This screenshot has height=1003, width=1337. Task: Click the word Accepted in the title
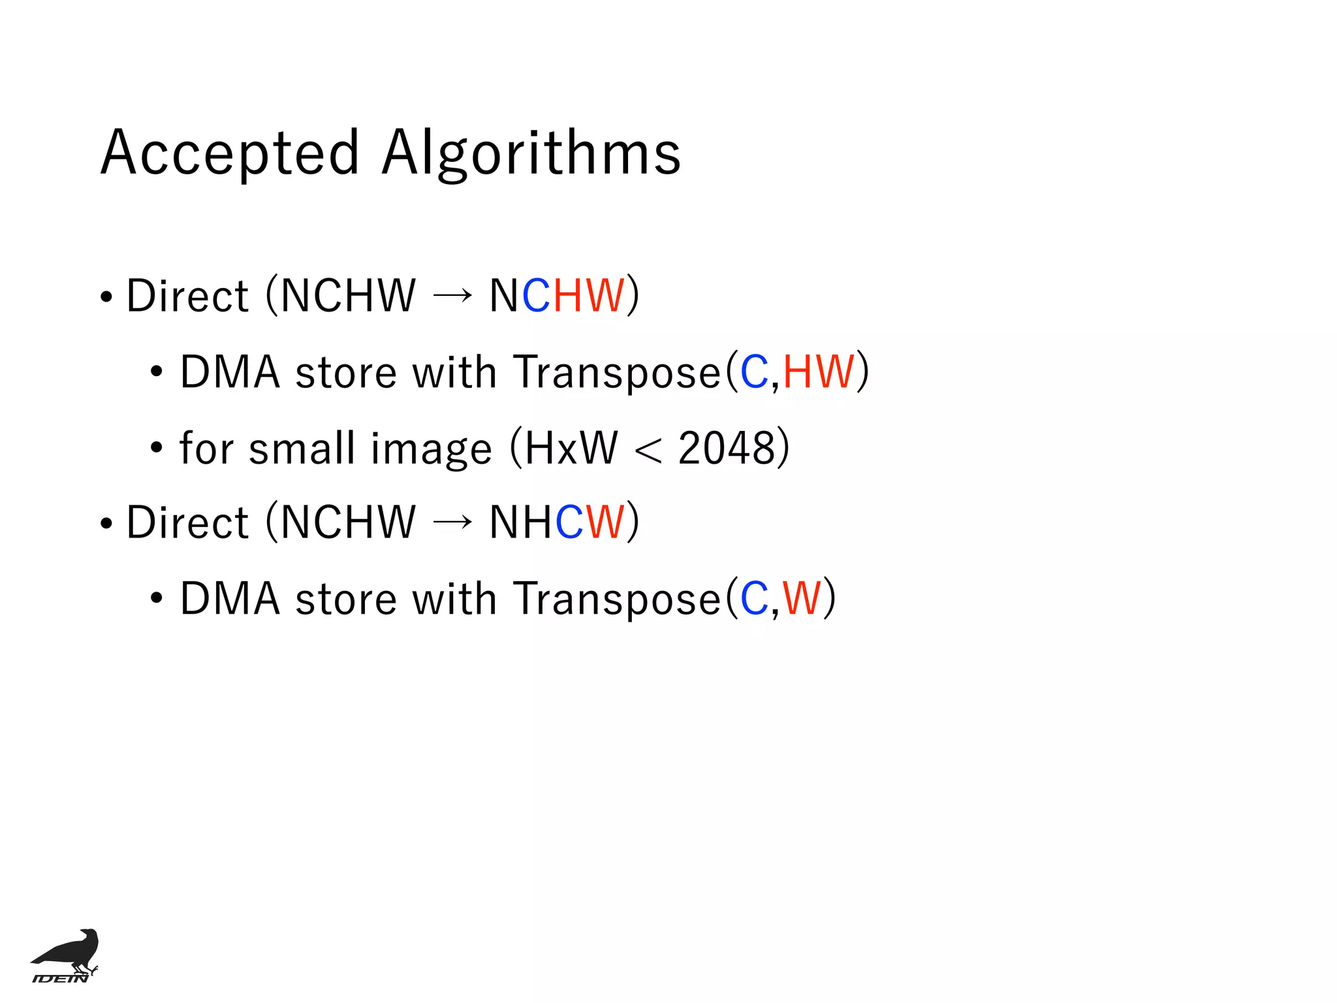point(230,153)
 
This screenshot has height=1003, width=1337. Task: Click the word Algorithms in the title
point(531,153)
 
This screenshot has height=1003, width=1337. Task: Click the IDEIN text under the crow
point(60,978)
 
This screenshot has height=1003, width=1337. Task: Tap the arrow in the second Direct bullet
point(452,522)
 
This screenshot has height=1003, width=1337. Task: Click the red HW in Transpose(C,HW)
point(819,372)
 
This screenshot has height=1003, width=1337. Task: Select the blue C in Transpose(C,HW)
point(755,372)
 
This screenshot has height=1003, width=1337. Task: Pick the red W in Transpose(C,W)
point(802,599)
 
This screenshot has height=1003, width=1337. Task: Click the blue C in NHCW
point(569,522)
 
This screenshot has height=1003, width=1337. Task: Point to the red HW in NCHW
point(589,296)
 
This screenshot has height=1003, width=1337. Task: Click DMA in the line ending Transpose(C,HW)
point(230,372)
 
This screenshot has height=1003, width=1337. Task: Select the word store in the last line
point(346,599)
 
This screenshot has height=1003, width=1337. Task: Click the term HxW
point(571,449)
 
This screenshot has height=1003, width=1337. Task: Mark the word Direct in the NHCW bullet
point(187,522)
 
